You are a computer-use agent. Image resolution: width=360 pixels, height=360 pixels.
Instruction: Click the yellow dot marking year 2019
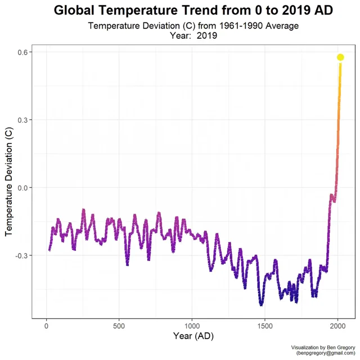340,57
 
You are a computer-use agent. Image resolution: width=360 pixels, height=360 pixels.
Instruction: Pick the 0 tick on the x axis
46,326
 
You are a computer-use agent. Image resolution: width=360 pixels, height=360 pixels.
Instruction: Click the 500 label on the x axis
119,326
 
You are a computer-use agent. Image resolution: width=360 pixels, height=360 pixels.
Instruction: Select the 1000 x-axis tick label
192,326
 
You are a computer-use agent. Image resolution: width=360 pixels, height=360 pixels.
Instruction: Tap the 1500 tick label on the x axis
265,326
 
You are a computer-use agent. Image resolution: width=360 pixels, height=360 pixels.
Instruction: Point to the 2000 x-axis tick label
337,326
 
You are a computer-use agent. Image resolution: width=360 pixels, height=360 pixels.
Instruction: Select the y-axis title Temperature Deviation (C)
9,182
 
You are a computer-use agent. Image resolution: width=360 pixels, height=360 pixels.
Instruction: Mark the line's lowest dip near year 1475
262,304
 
